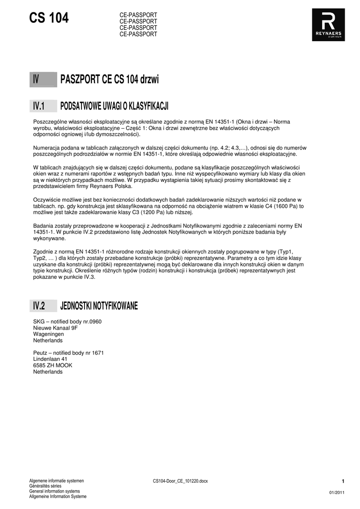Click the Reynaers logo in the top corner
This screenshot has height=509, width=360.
[329, 25]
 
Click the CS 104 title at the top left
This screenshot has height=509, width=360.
[49, 18]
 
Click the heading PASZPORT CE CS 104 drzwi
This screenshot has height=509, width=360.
[109, 80]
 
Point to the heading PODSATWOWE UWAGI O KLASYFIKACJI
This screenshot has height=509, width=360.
[114, 106]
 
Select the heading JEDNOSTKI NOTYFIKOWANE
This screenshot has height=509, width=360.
[99, 306]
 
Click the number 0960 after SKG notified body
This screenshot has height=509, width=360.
[95, 322]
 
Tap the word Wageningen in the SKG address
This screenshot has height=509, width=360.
[49, 335]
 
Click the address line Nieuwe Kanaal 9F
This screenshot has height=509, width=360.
[55, 328]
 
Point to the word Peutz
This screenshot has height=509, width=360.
[40, 353]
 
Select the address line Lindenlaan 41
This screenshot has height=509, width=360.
[50, 359]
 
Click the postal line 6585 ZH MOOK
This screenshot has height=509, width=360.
[53, 365]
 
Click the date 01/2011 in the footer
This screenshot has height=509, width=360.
[337, 492]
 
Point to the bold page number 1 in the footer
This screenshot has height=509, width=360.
[343, 481]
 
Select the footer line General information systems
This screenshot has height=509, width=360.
[54, 491]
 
